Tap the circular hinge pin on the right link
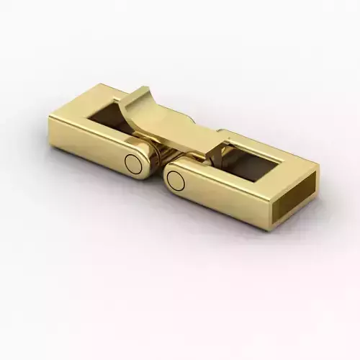tap(176, 180)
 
